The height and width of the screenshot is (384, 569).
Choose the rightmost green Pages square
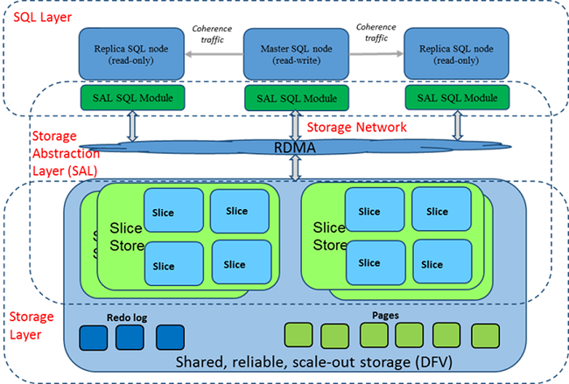[484, 336]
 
